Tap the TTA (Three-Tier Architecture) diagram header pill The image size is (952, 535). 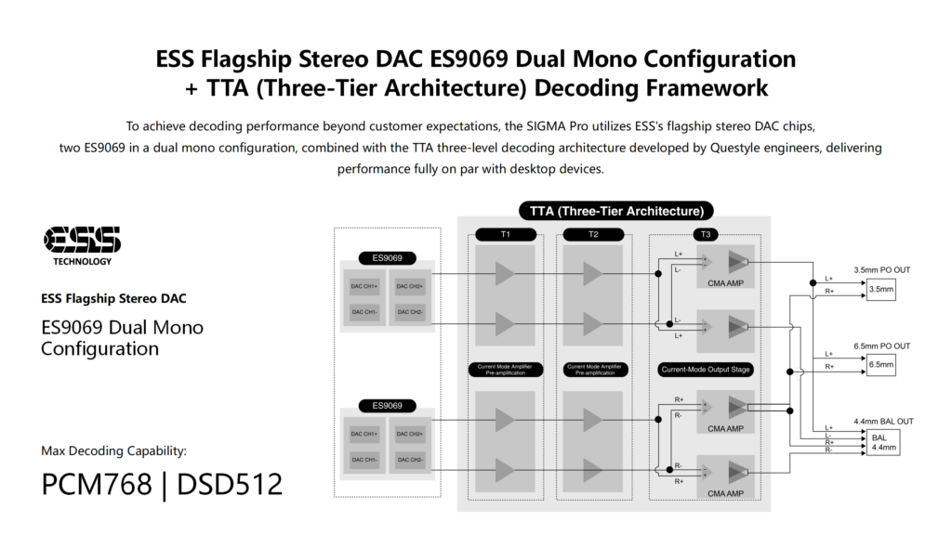click(x=615, y=211)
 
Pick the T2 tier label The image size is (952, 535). click(x=593, y=234)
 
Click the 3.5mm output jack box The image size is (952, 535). click(x=880, y=290)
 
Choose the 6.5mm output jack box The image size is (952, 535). click(x=880, y=366)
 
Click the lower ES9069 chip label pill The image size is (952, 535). click(x=386, y=406)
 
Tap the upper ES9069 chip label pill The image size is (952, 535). click(x=386, y=258)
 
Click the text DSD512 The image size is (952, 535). click(x=229, y=484)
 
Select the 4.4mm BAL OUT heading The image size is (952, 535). click(x=882, y=421)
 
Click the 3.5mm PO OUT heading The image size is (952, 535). click(x=882, y=269)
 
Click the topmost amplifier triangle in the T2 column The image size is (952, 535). click(x=593, y=273)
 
